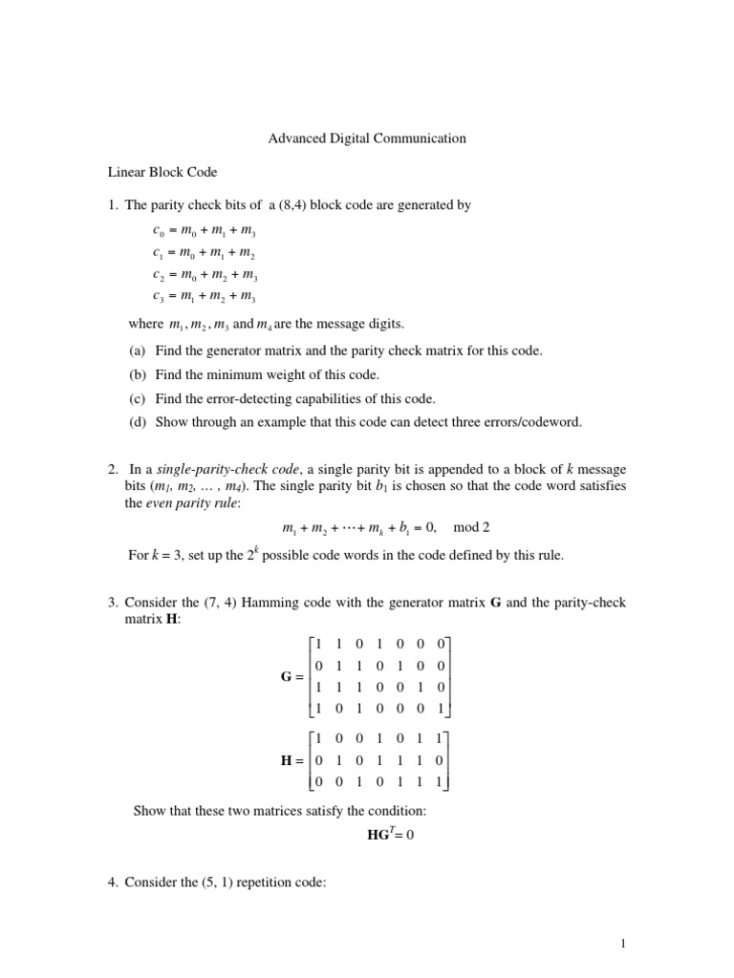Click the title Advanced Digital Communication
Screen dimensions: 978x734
[366, 138]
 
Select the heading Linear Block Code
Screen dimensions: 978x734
[162, 173]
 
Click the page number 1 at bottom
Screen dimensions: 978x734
[622, 945]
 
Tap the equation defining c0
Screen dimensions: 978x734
[204, 232]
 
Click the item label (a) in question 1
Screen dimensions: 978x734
[138, 351]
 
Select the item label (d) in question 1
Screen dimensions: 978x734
[138, 421]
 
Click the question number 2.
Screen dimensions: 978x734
[112, 469]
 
